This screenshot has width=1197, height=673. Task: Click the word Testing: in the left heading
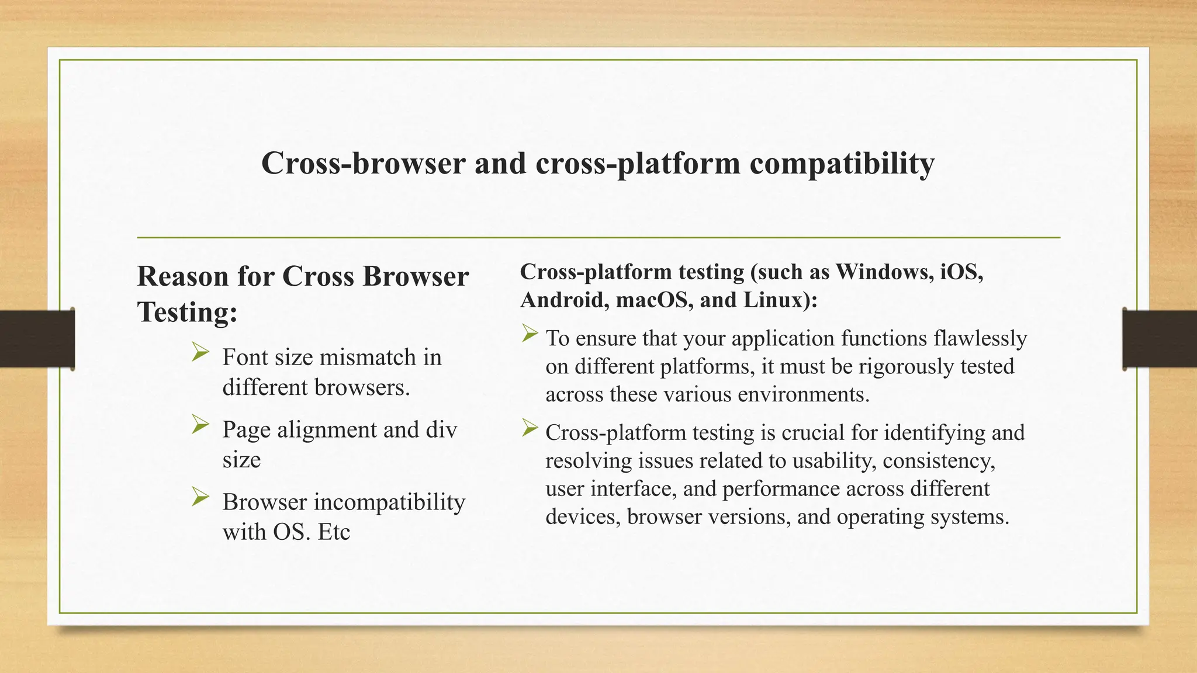187,312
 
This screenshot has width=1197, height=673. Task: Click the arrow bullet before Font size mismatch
200,352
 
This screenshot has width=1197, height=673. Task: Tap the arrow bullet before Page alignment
200,425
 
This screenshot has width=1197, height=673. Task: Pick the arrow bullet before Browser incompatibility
200,497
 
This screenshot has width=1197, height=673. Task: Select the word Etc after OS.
333,532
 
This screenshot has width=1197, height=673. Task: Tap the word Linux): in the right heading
780,300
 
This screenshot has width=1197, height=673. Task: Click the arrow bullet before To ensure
530,334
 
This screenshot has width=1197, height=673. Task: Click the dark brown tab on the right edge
1160,339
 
